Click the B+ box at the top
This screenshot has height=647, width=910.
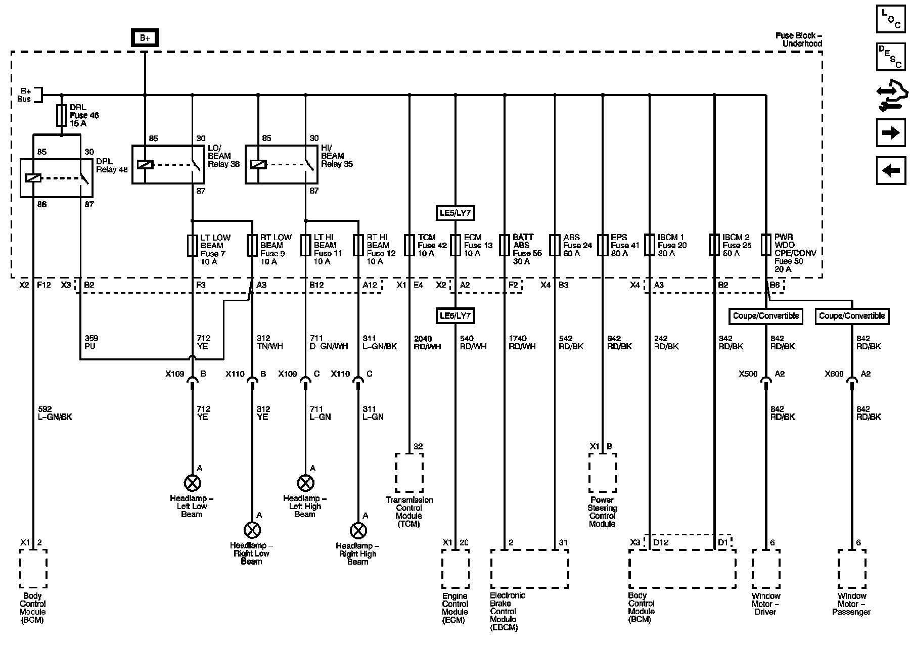tap(145, 38)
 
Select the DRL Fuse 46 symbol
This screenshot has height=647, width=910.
tap(62, 115)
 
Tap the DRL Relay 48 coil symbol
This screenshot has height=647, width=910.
tap(33, 178)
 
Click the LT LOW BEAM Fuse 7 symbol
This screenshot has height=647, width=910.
tap(192, 245)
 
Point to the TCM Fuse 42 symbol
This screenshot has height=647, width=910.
tap(409, 245)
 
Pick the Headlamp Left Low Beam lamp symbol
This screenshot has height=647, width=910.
tap(192, 483)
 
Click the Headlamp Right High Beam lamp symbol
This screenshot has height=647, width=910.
tap(358, 530)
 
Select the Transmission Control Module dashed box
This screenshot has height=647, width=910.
tap(409, 472)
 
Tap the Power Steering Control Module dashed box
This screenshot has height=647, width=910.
tap(602, 472)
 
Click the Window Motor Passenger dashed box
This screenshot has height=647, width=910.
tap(852, 569)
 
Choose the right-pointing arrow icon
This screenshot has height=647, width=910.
tap(890, 133)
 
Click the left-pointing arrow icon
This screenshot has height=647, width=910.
tap(890, 170)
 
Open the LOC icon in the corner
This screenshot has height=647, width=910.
tap(890, 19)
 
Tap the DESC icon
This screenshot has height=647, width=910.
tap(890, 57)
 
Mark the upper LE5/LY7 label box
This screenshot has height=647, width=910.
tap(456, 213)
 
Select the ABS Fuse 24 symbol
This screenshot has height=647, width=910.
tap(555, 245)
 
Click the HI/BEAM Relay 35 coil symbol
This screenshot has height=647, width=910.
tap(258, 165)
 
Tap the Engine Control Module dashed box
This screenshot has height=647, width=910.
tap(455, 569)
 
